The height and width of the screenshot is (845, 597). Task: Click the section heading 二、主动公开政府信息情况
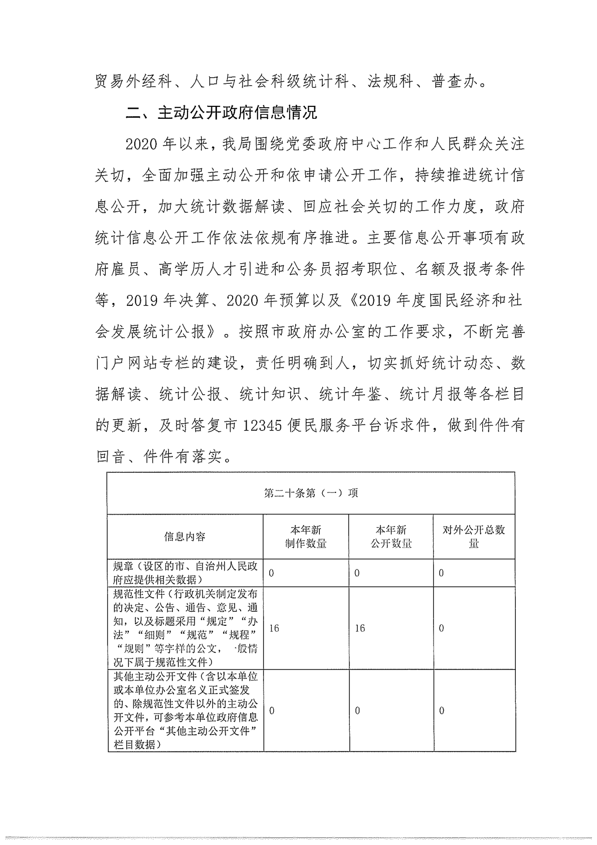(221, 112)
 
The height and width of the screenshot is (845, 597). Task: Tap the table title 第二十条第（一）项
(311, 493)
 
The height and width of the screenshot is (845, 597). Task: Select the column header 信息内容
(185, 537)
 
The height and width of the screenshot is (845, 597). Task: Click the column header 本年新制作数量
(306, 537)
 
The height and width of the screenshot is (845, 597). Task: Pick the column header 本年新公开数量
(391, 537)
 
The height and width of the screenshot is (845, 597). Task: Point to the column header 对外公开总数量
(474, 537)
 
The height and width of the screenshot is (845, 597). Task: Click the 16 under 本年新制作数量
(274, 628)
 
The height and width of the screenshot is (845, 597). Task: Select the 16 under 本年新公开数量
(360, 628)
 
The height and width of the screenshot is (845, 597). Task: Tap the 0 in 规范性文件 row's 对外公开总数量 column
(441, 628)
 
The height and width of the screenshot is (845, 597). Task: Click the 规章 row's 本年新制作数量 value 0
(272, 573)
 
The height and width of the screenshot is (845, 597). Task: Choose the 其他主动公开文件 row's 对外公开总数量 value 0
(442, 711)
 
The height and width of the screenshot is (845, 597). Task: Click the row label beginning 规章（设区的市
(185, 573)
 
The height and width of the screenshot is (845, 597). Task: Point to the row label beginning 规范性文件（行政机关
(185, 628)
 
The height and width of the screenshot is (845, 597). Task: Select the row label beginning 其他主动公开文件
(185, 711)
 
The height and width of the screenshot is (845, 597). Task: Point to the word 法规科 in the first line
(389, 81)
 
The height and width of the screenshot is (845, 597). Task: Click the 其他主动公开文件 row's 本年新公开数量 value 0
(357, 711)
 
